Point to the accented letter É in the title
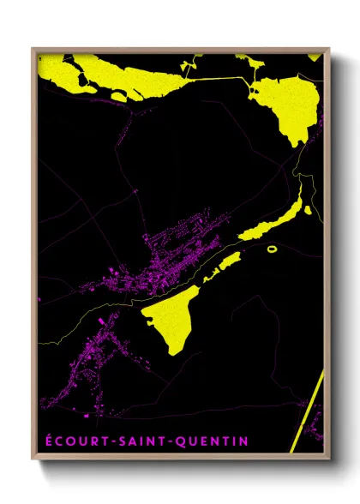tap(45, 441)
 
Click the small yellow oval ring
tap(273, 249)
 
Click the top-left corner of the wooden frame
tap(33, 49)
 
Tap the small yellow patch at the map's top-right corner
tap(315, 57)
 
